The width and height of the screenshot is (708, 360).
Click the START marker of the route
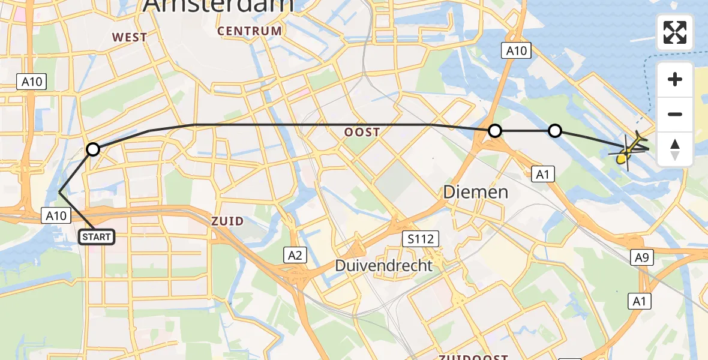tap(96, 237)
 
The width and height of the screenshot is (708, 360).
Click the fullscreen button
tap(675, 32)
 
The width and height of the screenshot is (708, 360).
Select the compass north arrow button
tap(675, 149)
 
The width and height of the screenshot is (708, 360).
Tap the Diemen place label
tap(475, 192)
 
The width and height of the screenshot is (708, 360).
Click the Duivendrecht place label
tap(383, 265)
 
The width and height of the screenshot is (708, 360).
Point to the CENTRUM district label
tap(250, 31)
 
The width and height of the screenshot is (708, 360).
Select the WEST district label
tap(130, 37)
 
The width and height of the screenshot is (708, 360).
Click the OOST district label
tap(362, 132)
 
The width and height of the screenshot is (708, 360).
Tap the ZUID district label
tap(227, 221)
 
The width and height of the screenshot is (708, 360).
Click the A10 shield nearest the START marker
tap(56, 215)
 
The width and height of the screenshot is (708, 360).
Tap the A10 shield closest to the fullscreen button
tap(516, 51)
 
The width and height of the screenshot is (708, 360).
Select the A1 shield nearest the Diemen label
tap(543, 174)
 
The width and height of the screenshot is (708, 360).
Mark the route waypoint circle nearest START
tap(92, 149)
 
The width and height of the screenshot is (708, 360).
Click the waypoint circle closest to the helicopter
tap(555, 130)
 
